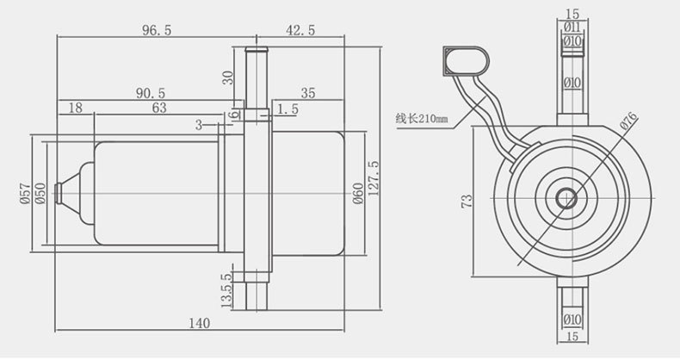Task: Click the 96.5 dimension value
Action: pos(157,30)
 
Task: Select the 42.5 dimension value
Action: pos(300,30)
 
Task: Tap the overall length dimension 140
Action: pos(200,323)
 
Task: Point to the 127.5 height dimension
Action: pos(373,178)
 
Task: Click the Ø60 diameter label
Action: pos(358,194)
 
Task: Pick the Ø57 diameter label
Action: pos(25,194)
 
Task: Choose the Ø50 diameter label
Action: pos(40,194)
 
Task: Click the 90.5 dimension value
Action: pos(151,93)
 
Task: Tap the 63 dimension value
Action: pos(159,108)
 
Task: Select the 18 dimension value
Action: pos(76,108)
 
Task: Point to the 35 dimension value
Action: pos(308,93)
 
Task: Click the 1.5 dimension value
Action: pos(288,109)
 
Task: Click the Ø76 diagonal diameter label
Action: pos(629,121)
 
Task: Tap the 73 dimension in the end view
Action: pos(467,201)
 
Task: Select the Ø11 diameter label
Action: pos(572,28)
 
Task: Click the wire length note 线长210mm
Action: pos(421,118)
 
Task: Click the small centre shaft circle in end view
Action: pos(566,199)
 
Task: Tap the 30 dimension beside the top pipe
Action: pos(228,78)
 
